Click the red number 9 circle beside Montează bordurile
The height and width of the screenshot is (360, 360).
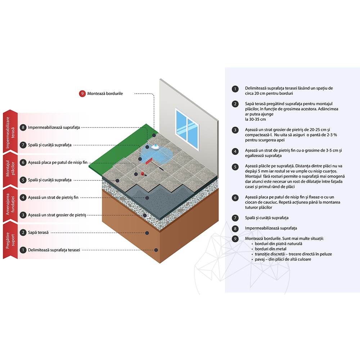click(x=82, y=94)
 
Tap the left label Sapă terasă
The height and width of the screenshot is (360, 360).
click(x=38, y=232)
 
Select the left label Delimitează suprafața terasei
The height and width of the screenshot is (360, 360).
click(x=54, y=250)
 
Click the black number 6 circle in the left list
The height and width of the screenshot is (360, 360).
click(x=23, y=162)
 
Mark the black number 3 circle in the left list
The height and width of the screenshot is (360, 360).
click(x=23, y=215)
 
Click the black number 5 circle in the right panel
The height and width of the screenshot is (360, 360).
click(x=235, y=167)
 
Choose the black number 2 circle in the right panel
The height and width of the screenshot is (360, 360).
click(x=235, y=104)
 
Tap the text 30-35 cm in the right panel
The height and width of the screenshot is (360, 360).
click(x=255, y=119)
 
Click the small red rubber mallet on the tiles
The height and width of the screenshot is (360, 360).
click(x=142, y=174)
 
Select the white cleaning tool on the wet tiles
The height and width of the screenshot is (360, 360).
click(x=155, y=146)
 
